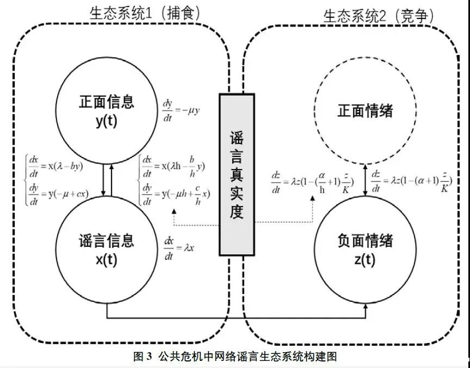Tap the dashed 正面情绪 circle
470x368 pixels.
tap(365, 112)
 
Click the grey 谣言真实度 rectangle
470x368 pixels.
tap(237, 174)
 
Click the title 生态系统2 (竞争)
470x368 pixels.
tap(379, 16)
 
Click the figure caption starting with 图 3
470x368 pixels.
tap(235, 357)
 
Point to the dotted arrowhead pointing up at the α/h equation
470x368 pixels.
tap(313, 199)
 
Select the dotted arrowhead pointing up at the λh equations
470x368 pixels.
tap(173, 210)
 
